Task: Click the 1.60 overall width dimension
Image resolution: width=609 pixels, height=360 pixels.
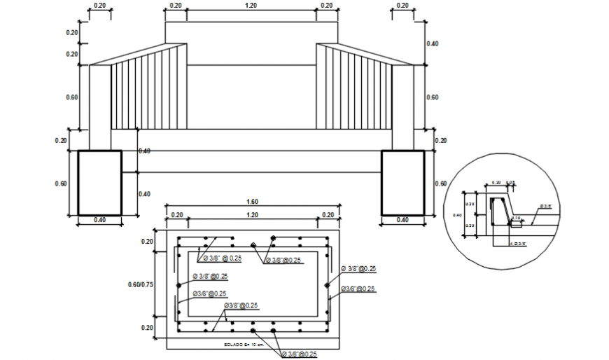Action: [x=252, y=202]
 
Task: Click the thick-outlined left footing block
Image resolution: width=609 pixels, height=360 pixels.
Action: [x=99, y=183]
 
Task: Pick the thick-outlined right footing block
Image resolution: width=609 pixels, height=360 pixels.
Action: [x=402, y=183]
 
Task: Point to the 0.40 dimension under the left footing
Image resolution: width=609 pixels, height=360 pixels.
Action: [x=99, y=220]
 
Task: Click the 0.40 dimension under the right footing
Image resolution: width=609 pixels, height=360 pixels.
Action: [x=402, y=220]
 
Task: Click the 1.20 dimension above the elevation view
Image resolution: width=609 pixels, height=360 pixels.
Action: [x=251, y=6]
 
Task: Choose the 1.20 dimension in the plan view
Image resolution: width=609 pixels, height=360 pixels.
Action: [x=251, y=215]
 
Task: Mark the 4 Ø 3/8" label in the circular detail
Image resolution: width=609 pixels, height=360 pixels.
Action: [x=518, y=243]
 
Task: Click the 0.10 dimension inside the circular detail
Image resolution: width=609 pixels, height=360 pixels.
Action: [x=515, y=218]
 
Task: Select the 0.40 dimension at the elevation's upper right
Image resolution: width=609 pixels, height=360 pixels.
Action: [x=432, y=43]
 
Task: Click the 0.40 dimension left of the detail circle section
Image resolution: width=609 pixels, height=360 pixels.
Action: [x=458, y=215]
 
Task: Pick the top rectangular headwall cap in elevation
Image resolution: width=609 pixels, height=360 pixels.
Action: [x=251, y=33]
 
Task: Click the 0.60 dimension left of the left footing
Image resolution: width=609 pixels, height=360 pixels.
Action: [x=62, y=184]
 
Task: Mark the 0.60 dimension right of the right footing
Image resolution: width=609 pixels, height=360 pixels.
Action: [x=440, y=184]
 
